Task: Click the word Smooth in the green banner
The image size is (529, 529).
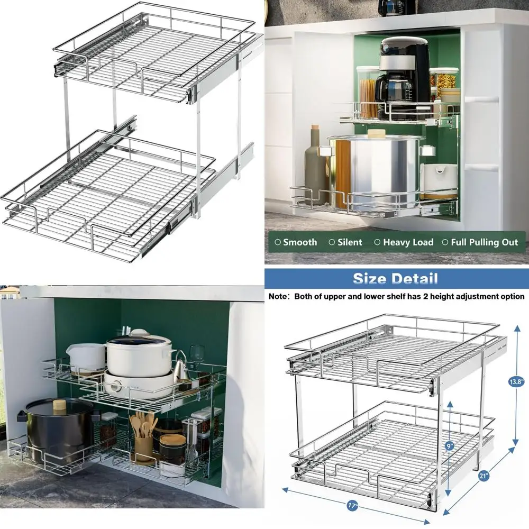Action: [299, 242]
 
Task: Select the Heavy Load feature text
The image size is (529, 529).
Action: [408, 242]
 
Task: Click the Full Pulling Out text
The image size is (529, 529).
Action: [484, 242]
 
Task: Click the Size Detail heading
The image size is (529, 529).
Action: [395, 278]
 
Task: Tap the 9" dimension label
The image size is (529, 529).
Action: [449, 446]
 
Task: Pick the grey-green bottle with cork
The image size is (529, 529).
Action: [315, 164]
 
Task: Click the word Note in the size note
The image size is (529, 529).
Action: [278, 297]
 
